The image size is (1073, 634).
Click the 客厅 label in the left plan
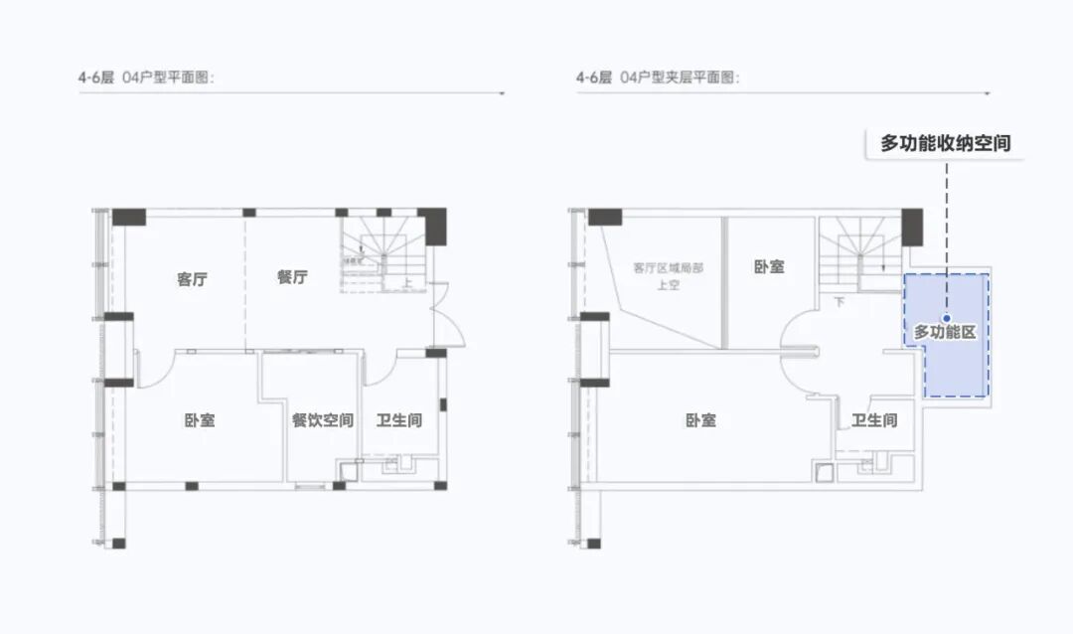(192, 279)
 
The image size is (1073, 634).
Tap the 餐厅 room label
(292, 277)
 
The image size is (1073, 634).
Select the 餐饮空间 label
(322, 420)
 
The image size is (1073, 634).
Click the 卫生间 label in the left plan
(398, 420)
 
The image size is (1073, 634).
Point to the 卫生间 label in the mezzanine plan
(874, 420)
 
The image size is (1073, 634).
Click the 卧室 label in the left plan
(200, 420)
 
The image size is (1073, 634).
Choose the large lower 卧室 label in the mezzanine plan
(700, 420)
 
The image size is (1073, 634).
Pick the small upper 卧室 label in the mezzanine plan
(768, 267)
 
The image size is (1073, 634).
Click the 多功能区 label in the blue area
(945, 332)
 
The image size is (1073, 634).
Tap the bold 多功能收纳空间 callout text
(945, 143)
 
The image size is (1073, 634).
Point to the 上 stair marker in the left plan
(408, 282)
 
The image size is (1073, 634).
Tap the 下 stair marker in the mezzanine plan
(839, 301)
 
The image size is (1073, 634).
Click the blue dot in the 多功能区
(946, 319)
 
